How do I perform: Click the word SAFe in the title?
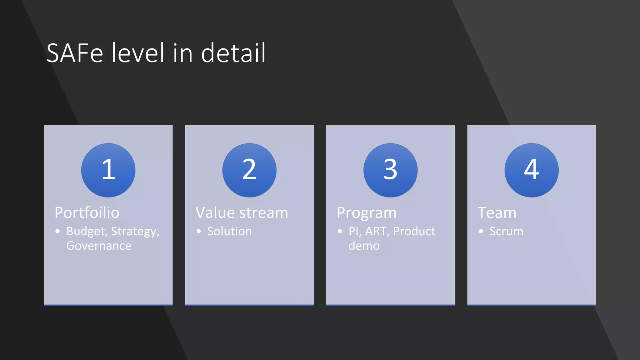[x=75, y=53]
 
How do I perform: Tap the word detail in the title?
[x=233, y=53]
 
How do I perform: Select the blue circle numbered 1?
[x=108, y=170]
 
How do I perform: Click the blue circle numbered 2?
[x=249, y=170]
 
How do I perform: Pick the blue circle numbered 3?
[x=390, y=170]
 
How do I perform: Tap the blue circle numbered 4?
[x=531, y=170]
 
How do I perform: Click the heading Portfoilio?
[x=87, y=213]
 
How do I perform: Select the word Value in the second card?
[x=215, y=213]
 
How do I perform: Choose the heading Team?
[x=497, y=213]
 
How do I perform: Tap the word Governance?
[x=99, y=246]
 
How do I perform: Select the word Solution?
[x=229, y=232]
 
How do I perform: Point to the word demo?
[x=364, y=246]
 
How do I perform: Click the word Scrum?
[x=506, y=232]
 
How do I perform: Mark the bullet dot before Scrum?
[x=481, y=231]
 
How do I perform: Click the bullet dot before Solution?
[x=199, y=231]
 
